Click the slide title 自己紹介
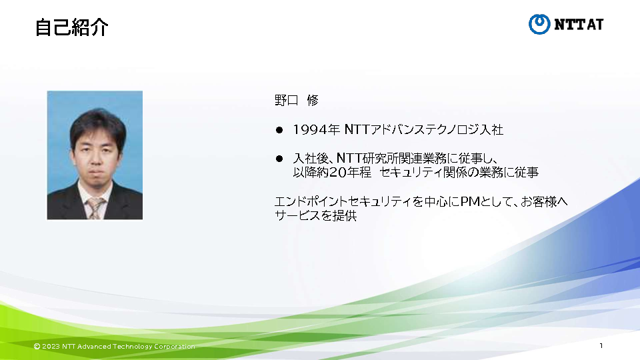[71, 27]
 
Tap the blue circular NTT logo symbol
[539, 24]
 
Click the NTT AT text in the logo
[579, 25]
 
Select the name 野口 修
[296, 100]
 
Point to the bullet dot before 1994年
[279, 130]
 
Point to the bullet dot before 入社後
[279, 159]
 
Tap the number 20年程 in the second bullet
[350, 173]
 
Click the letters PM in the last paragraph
[470, 201]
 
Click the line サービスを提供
[315, 215]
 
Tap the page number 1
[601, 346]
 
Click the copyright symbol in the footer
[37, 347]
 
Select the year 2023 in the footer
[51, 347]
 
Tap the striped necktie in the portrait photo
[96, 208]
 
